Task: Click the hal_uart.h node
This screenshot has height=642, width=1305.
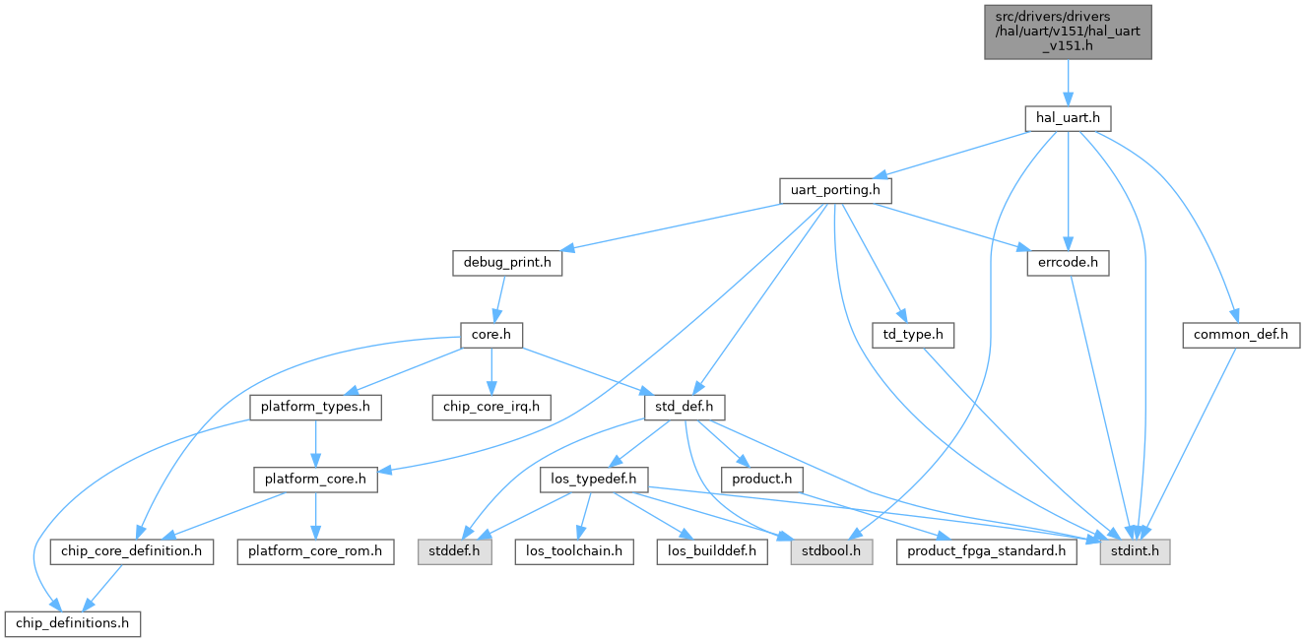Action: coord(1068,118)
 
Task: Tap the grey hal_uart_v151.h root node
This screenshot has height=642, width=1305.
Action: coord(1068,31)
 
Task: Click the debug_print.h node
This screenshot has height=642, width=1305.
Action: coord(507,263)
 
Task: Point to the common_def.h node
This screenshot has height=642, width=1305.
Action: coord(1241,335)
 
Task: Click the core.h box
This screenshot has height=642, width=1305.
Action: coord(490,335)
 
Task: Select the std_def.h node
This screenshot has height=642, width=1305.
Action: coord(684,407)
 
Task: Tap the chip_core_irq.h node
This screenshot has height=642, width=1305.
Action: coord(490,407)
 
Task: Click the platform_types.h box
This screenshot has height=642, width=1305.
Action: coord(314,407)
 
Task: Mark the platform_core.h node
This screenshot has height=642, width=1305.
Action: coord(314,480)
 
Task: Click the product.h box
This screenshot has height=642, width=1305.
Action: coord(761,480)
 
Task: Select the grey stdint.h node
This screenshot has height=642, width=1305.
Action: coord(1136,551)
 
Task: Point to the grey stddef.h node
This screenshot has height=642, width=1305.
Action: coord(451,551)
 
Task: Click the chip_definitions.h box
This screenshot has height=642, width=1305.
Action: coord(73,623)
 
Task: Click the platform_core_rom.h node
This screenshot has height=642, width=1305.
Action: coord(315,551)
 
